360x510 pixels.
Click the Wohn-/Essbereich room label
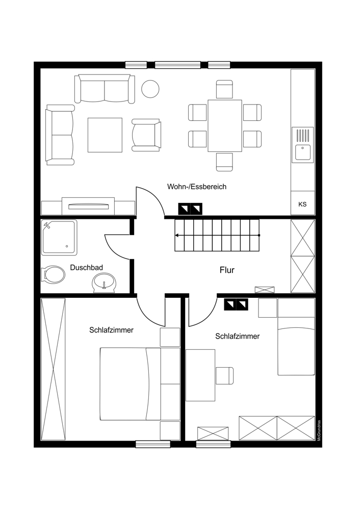click(197, 187)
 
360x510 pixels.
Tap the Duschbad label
click(87, 268)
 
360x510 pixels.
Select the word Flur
click(227, 270)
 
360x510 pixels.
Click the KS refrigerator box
click(302, 203)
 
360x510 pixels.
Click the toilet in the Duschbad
click(53, 274)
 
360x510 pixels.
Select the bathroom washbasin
click(104, 283)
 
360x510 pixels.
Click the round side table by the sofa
click(150, 88)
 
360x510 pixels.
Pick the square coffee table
click(105, 135)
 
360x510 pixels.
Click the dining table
click(225, 125)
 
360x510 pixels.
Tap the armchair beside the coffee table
click(146, 135)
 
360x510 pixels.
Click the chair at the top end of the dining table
click(225, 89)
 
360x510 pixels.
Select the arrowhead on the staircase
click(176, 235)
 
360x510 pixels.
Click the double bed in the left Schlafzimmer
click(140, 384)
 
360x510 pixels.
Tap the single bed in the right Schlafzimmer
click(296, 337)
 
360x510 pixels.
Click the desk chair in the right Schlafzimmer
click(225, 375)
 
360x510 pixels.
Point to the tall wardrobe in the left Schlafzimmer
click(54, 369)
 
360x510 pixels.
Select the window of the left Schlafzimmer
click(153, 444)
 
